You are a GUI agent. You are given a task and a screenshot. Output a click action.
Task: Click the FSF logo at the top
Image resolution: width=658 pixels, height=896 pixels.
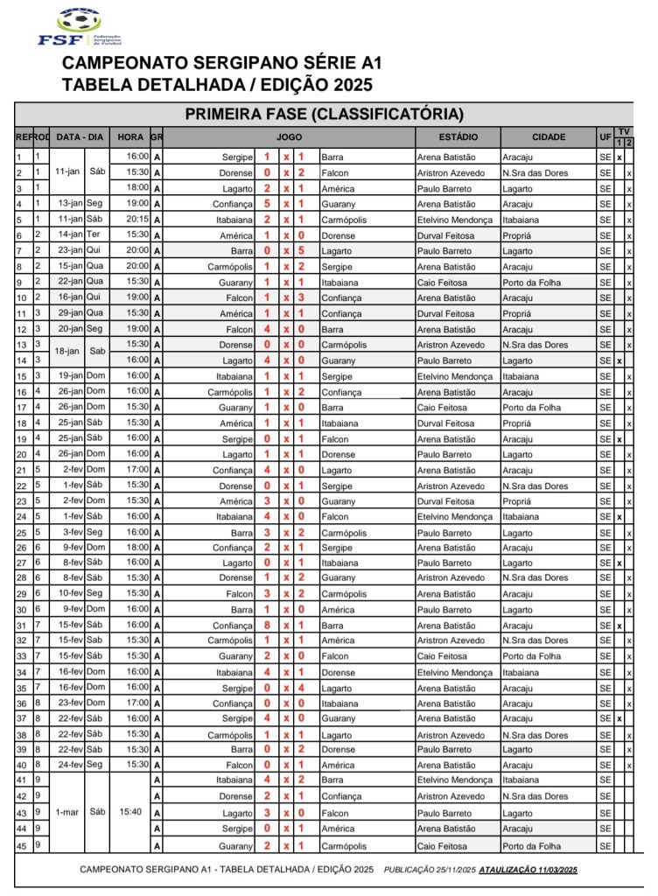click(79, 27)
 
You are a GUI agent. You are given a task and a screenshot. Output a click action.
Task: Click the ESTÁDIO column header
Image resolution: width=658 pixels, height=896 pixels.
click(458, 137)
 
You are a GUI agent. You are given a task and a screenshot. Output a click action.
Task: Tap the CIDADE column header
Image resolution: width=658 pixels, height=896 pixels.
click(548, 137)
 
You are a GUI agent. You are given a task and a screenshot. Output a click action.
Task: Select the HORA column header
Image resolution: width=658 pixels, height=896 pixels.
click(130, 137)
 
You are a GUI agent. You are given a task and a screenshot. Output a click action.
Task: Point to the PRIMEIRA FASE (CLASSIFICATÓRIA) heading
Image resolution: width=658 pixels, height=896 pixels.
click(324, 114)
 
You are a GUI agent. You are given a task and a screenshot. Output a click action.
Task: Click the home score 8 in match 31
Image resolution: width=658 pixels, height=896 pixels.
click(267, 626)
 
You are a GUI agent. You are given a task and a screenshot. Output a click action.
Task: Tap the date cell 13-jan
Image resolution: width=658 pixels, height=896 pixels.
click(69, 204)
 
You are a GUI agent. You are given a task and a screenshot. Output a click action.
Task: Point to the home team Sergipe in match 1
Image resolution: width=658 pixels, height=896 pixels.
click(237, 157)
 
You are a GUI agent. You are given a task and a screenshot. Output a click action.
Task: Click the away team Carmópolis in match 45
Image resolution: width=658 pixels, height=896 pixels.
click(344, 845)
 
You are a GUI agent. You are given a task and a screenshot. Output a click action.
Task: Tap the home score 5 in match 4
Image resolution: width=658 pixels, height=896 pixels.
click(267, 204)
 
